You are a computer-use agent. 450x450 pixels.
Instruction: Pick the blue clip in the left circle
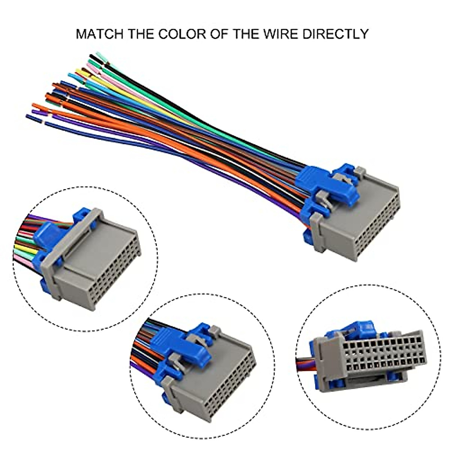47,234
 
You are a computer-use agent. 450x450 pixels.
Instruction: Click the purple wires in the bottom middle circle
142,371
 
